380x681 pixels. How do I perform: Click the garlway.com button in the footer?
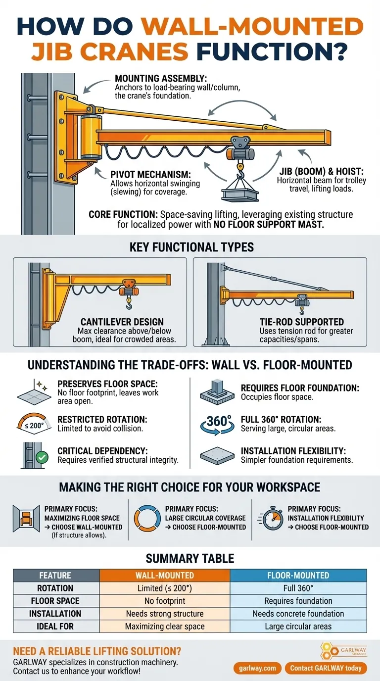257,668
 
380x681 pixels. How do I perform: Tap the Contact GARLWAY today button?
326,668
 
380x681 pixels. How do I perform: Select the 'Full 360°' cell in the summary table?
298,588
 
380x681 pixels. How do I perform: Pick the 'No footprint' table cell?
165,601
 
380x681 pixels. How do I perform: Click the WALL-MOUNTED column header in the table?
165,575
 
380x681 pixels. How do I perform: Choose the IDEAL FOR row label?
55,626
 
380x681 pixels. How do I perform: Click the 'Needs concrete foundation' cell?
298,614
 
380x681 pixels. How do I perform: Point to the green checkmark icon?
42,457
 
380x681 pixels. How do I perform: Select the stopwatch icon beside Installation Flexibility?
271,519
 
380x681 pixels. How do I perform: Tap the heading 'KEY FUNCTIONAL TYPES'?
191,247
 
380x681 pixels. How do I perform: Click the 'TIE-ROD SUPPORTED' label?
301,322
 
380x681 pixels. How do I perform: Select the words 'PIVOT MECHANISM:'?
150,175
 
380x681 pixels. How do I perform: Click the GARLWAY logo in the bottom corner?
343,651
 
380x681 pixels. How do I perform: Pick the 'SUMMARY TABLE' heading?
190,558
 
